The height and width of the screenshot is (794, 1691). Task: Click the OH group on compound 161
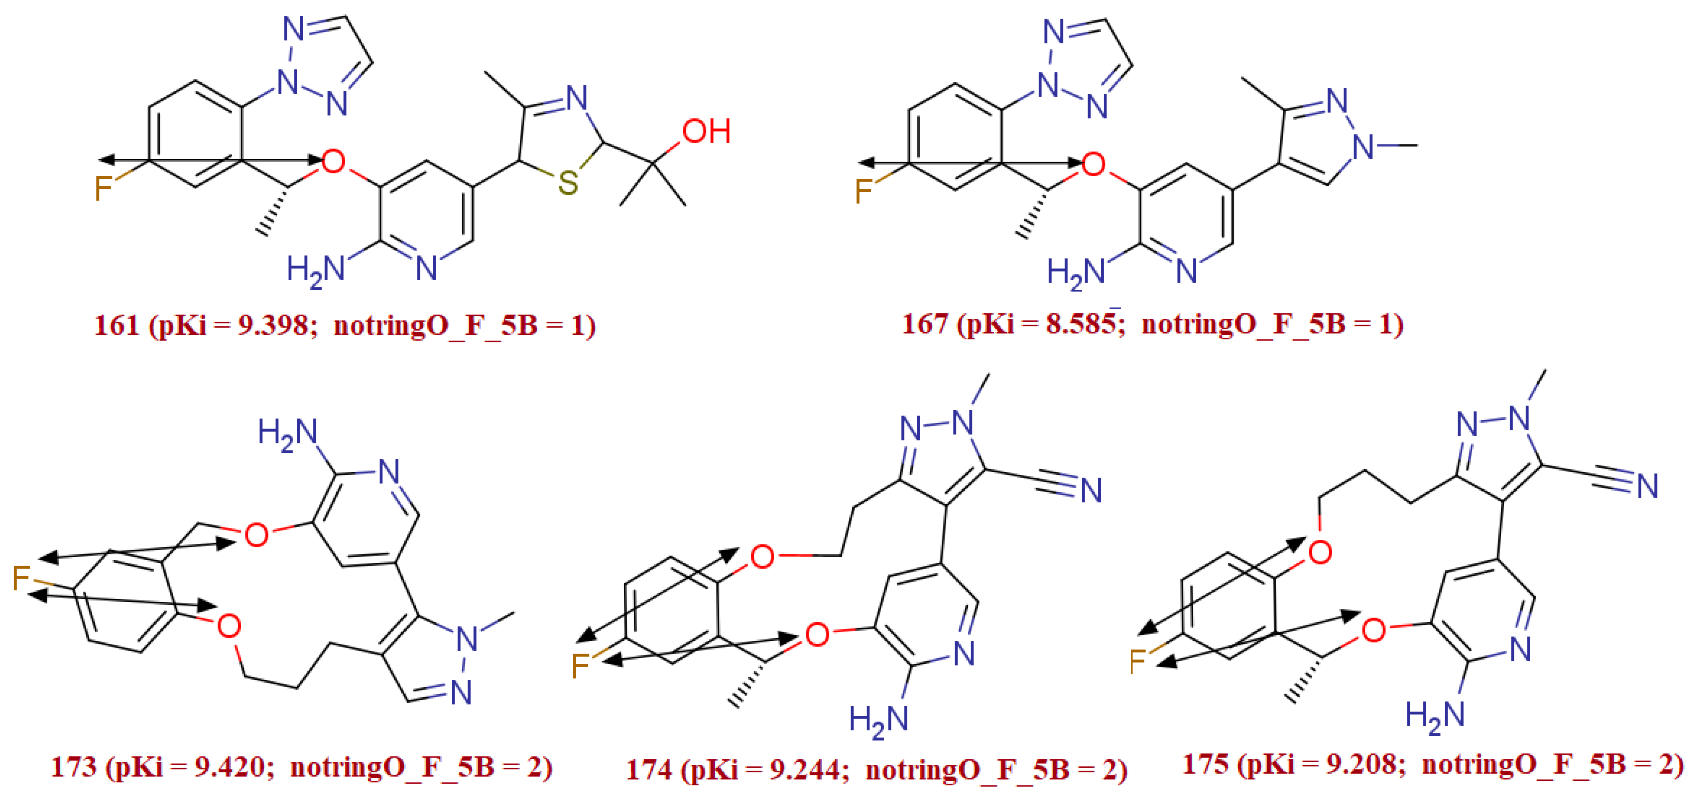point(706,131)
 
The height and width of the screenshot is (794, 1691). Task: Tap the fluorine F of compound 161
point(104,188)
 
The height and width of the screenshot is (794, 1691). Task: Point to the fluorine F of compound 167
point(863,191)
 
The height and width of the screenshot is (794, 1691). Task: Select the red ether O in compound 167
point(1093,164)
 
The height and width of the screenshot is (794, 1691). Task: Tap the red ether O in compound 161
point(333,161)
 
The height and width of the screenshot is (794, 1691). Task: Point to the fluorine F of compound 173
point(22,578)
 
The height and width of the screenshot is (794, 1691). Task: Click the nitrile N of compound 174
point(1091,490)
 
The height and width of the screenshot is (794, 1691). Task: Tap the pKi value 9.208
point(1363,764)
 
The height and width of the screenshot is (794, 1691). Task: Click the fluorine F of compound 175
point(1139,661)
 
